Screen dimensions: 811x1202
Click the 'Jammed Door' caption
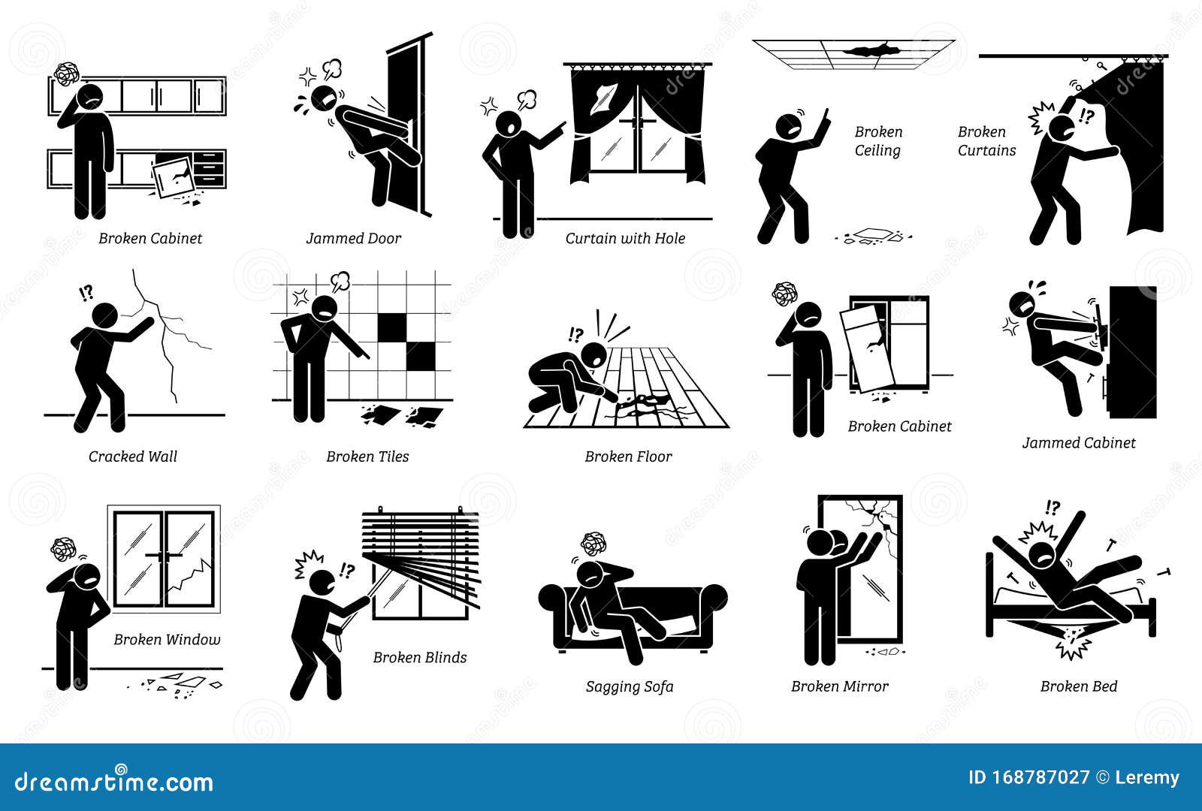353,239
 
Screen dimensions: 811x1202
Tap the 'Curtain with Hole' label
625,239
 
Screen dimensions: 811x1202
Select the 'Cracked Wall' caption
133,457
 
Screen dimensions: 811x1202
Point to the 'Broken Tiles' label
367,457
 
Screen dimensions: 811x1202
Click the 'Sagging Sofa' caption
630,686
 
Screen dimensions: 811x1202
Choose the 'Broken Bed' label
1078,686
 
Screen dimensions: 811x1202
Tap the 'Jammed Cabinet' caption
1078,443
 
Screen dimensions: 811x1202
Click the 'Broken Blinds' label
419,658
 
